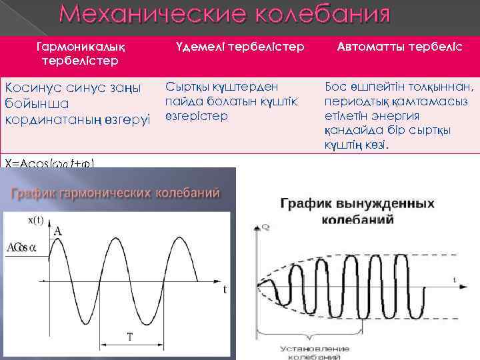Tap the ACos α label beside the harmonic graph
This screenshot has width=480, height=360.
21,248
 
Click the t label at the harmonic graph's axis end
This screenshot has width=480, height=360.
225,290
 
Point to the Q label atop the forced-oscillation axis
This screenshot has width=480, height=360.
266,228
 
